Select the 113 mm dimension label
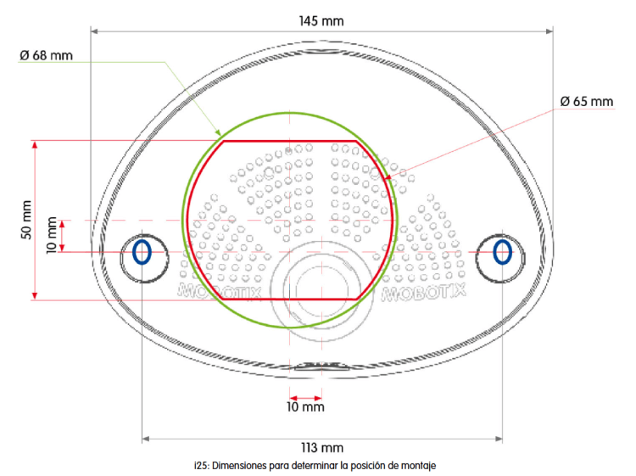[322, 449]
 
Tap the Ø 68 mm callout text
[46, 56]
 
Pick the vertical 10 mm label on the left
[53, 236]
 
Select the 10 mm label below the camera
[305, 407]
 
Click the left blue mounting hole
[142, 251]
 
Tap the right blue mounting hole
[502, 251]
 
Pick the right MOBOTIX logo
[425, 294]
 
